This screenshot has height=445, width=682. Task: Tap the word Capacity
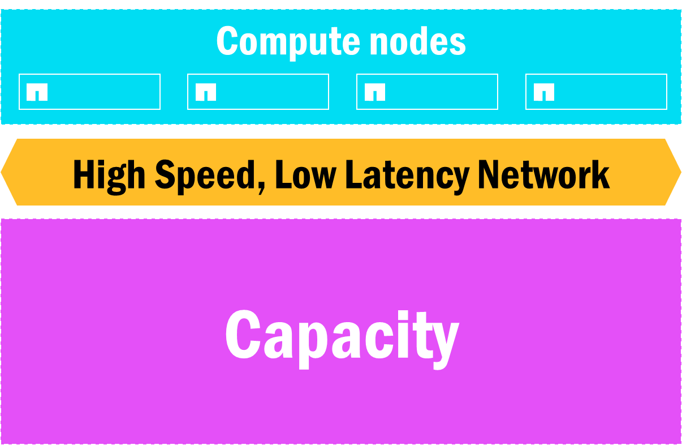[342, 339]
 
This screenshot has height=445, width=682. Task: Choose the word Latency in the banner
[407, 177]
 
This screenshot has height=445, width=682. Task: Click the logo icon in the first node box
[37, 92]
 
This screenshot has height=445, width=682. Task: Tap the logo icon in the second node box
[206, 92]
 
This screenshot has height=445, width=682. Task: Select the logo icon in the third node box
[375, 92]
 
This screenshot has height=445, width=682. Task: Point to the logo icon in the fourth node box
[544, 92]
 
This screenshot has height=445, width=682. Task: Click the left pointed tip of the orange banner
[1, 172]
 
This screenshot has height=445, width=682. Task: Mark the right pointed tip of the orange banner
[681, 172]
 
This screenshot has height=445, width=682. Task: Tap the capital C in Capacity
[243, 335]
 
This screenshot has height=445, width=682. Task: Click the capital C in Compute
[227, 41]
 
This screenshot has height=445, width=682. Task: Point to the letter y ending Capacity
[443, 346]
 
